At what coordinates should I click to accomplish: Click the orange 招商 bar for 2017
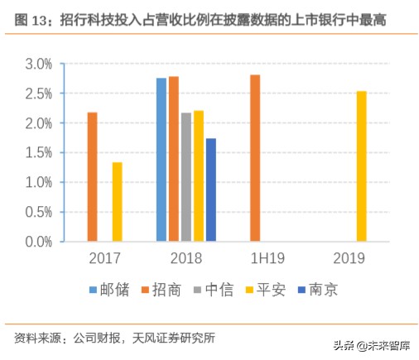tap(92, 177)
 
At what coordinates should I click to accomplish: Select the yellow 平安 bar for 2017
tap(117, 202)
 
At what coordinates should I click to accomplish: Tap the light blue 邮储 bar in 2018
tap(161, 160)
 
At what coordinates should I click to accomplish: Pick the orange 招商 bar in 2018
tap(173, 159)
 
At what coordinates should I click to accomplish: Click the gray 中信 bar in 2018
tap(185, 177)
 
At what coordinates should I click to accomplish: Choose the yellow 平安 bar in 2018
tap(198, 176)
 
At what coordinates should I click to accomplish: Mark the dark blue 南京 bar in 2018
tap(210, 190)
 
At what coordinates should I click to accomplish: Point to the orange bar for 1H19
tap(255, 158)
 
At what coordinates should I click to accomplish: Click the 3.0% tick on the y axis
tap(38, 64)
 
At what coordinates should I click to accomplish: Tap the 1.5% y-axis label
tap(38, 153)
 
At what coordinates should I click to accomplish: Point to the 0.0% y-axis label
tap(38, 242)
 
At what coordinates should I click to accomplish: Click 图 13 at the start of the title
tap(31, 18)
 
